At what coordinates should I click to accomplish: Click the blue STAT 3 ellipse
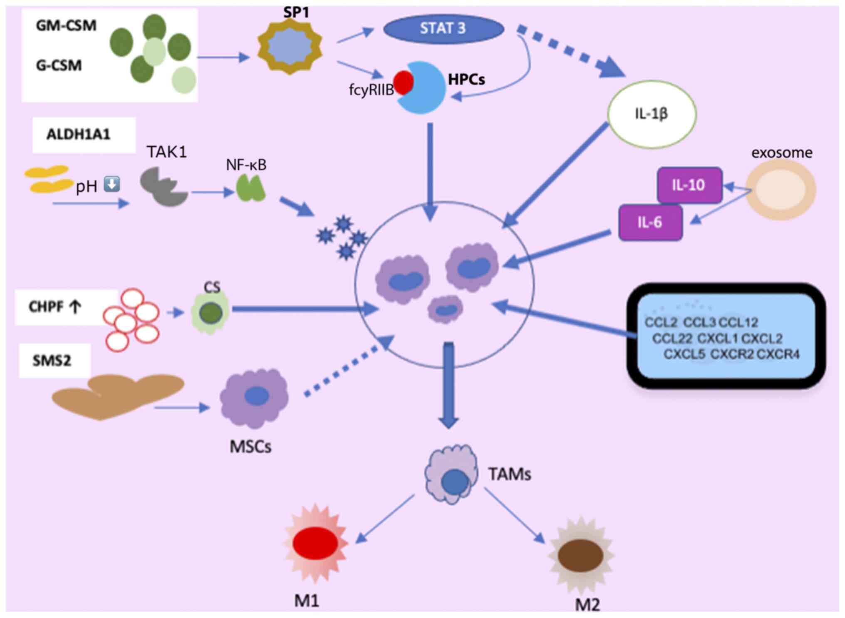click(x=443, y=29)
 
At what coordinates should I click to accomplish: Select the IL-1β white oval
click(x=652, y=114)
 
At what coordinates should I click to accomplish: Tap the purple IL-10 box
click(x=689, y=185)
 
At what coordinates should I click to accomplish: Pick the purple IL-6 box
click(x=650, y=222)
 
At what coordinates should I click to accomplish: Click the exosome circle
click(x=781, y=190)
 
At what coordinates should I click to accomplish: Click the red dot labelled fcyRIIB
click(x=403, y=82)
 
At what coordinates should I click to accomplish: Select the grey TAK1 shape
click(x=162, y=186)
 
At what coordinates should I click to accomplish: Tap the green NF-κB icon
click(x=251, y=188)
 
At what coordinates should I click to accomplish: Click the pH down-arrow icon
click(x=112, y=184)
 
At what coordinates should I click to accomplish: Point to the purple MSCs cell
click(x=254, y=397)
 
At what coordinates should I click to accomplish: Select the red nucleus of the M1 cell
click(x=315, y=543)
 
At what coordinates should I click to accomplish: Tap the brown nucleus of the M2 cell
click(x=580, y=555)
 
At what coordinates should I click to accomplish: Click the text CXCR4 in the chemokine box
click(x=778, y=354)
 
